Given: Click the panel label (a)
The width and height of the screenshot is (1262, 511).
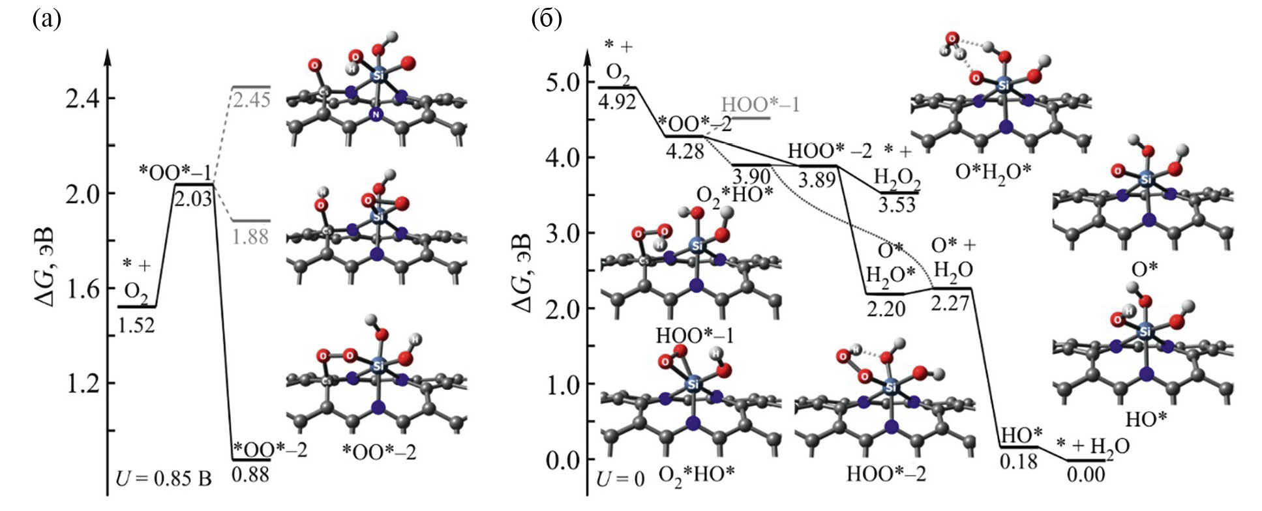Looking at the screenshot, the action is point(46,20).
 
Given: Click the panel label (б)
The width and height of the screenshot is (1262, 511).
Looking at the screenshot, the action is point(547,20).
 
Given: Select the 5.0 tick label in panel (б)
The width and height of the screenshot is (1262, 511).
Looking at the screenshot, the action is point(563,83).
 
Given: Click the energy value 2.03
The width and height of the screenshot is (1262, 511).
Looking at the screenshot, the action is point(194,197).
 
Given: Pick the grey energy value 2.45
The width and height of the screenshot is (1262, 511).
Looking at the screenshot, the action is point(251,100).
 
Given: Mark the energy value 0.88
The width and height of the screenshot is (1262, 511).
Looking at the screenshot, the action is point(251,474).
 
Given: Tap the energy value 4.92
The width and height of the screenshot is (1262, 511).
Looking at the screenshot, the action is point(618,102).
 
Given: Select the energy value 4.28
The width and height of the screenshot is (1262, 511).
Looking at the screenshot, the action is point(684,151).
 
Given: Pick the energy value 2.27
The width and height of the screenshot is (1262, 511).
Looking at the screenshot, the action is point(950,302).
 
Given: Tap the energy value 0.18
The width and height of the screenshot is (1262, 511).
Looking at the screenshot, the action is point(1019,461).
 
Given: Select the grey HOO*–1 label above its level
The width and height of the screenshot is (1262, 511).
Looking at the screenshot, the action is point(760,104).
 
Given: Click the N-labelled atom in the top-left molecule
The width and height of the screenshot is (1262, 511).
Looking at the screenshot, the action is point(376,115).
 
